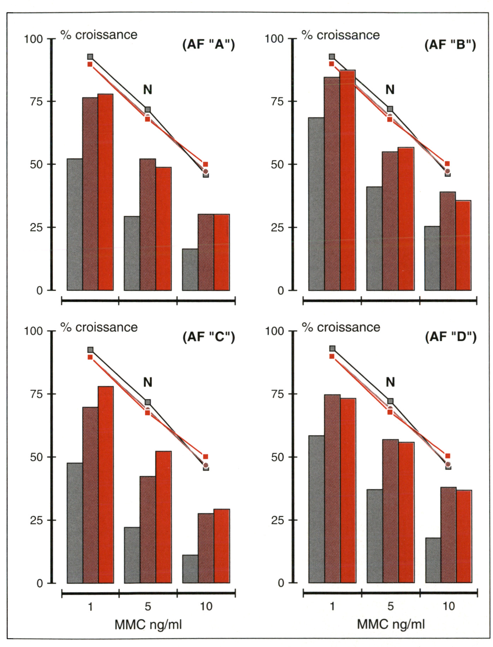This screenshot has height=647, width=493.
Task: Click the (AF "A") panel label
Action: click(208, 45)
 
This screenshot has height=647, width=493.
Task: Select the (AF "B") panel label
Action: click(450, 45)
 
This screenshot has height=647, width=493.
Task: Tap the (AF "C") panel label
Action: click(208, 337)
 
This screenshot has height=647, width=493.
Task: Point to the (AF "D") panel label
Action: click(451, 337)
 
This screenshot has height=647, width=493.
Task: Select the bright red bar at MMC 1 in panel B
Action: click(348, 180)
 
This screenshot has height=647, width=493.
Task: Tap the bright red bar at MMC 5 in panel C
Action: click(164, 517)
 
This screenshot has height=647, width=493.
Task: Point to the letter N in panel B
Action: click(390, 90)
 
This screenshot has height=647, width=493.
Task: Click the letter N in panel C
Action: click(148, 382)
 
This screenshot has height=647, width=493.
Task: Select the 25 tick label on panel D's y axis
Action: click(277, 520)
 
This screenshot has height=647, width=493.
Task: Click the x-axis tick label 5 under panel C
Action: click(148, 606)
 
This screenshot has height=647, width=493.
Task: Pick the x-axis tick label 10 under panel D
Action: click(449, 606)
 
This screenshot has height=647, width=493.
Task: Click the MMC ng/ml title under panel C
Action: click(148, 624)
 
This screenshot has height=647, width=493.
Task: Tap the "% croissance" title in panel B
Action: click(341, 35)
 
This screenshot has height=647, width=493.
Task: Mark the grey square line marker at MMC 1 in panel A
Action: click(90, 57)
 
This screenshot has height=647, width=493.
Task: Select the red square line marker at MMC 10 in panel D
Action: click(447, 456)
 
